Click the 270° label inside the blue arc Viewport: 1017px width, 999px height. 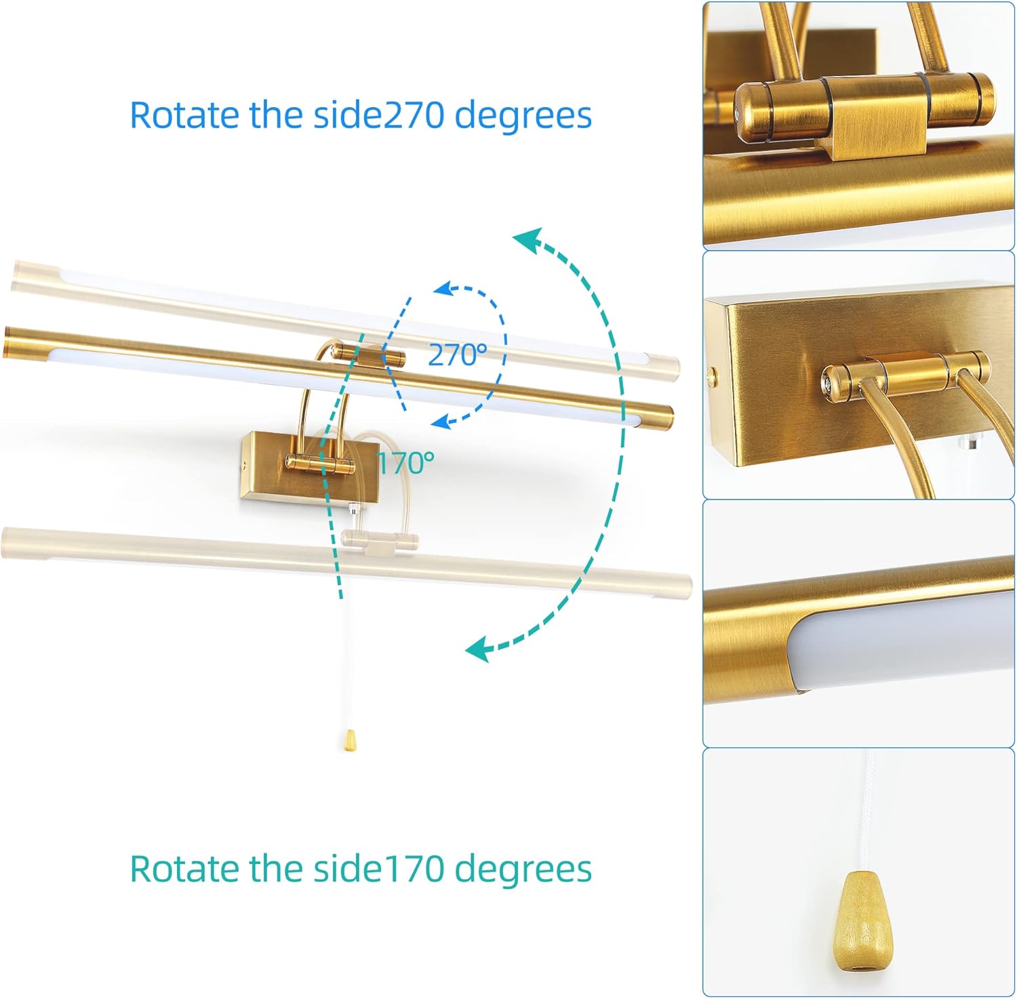tap(457, 354)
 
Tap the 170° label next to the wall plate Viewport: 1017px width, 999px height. tap(405, 463)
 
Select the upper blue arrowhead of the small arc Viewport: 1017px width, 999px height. tap(443, 289)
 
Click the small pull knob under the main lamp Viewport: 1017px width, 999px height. tap(350, 741)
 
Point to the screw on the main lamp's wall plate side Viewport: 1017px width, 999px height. tap(243, 465)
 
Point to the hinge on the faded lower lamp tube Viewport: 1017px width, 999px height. tap(380, 540)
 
